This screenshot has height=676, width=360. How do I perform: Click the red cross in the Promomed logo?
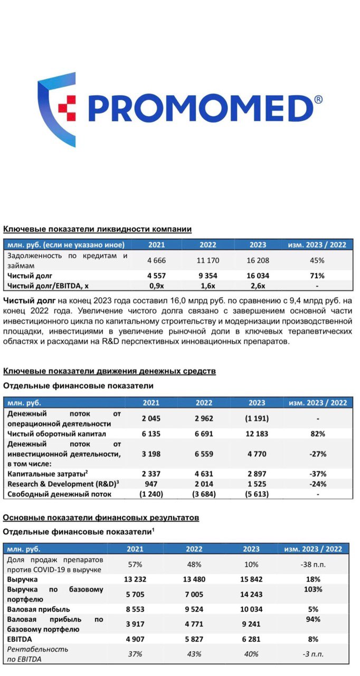coord(67,108)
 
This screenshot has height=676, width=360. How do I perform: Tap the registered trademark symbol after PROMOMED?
coord(318,99)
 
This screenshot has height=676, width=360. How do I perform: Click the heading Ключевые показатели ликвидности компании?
coord(97,229)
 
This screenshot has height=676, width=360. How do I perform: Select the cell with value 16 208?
coord(258,260)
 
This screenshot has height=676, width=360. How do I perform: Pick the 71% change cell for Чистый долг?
coord(317,276)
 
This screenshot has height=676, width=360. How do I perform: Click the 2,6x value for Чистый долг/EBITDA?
coord(258,286)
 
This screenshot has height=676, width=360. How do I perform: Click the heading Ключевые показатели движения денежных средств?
coord(109,371)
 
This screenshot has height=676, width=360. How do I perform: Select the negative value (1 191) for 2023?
coord(257,418)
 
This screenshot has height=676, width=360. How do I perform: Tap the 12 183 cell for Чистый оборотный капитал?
coord(257,434)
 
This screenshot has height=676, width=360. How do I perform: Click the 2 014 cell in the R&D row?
coord(204,484)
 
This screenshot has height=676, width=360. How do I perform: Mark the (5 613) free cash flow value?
coord(257,494)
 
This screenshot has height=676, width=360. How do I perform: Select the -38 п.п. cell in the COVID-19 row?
coord(317,564)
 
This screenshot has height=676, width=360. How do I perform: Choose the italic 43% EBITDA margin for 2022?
coord(194,654)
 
